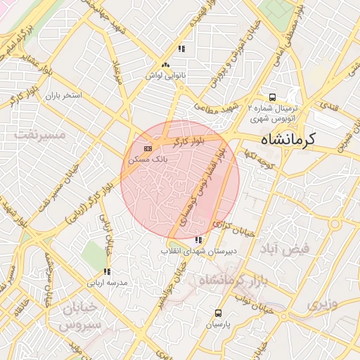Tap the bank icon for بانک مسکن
coord(147,149)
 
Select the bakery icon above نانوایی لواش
coord(165,65)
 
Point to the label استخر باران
coord(64,94)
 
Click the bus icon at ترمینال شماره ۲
coord(271,98)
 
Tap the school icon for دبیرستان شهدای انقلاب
coord(196,240)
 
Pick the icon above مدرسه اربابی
coord(107,271)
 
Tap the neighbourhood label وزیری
coord(322,304)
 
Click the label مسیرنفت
coord(42,133)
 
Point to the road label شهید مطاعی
coord(217,106)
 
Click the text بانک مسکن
coord(143,160)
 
